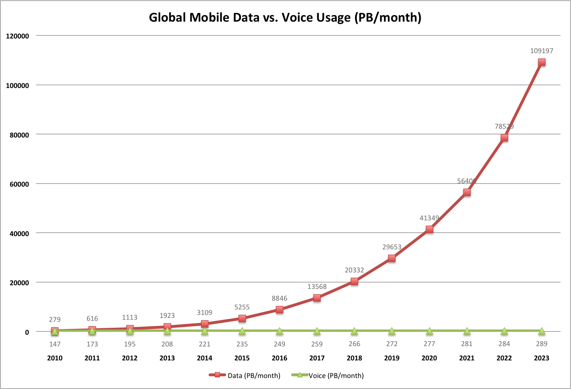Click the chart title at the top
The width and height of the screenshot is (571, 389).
285,17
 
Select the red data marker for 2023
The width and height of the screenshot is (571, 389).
541,62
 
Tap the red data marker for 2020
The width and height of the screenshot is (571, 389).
429,230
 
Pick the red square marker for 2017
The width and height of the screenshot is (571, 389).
317,298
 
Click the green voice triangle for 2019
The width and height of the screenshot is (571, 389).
392,331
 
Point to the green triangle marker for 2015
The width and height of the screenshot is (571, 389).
242,331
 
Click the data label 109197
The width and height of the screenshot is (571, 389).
541,51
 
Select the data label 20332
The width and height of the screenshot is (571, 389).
354,270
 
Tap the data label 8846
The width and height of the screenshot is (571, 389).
279,298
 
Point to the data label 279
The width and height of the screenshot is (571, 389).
55,320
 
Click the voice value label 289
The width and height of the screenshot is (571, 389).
541,344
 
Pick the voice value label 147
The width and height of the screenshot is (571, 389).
55,344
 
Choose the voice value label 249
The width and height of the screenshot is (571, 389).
279,344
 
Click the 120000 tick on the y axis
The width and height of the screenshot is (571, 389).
18,36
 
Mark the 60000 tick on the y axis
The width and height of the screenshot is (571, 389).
19,184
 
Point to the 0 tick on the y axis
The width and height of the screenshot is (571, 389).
27,332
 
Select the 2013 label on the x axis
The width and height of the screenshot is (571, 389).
167,358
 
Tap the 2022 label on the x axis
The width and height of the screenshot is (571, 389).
504,358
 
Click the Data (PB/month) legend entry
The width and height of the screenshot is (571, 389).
245,375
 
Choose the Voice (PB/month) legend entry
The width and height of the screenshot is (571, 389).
328,375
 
